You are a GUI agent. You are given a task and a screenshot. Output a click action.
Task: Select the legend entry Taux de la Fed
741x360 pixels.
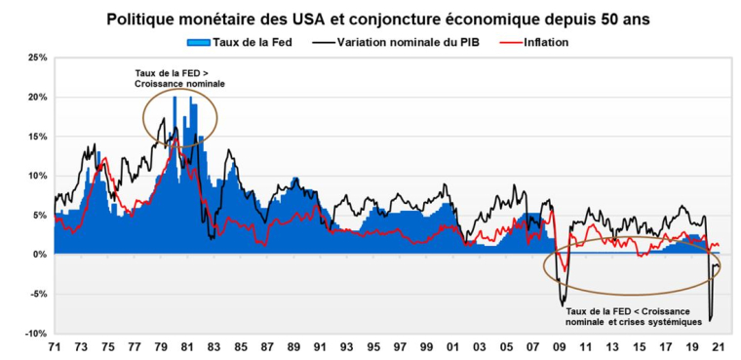pyautogui.click(x=253, y=43)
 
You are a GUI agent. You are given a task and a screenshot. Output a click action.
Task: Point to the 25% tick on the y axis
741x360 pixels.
pyautogui.click(x=36, y=58)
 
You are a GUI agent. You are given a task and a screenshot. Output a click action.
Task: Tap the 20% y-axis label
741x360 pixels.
pyautogui.click(x=36, y=98)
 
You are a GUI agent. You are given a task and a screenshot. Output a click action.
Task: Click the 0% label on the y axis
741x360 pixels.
pyautogui.click(x=39, y=255)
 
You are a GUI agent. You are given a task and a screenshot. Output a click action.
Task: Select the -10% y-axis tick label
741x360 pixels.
pyautogui.click(x=34, y=334)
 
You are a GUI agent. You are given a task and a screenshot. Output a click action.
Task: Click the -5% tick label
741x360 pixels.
pyautogui.click(x=36, y=294)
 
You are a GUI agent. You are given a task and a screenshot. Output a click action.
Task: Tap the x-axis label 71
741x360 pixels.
pyautogui.click(x=56, y=347)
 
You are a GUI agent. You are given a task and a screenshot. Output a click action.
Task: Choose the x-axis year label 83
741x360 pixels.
pyautogui.click(x=214, y=347)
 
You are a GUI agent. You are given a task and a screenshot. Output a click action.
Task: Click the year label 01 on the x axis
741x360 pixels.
pyautogui.click(x=451, y=347)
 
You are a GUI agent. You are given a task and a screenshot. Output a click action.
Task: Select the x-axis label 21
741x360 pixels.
pyautogui.click(x=717, y=347)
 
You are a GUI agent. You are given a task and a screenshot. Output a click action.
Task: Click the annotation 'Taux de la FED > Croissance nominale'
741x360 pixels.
pyautogui.click(x=179, y=79)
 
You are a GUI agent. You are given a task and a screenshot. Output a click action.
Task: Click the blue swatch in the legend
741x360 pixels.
pyautogui.click(x=196, y=43)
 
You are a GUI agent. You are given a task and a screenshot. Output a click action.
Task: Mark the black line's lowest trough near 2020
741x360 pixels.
pyautogui.click(x=710, y=319)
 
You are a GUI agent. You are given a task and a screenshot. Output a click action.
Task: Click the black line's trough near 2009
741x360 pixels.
pyautogui.click(x=562, y=303)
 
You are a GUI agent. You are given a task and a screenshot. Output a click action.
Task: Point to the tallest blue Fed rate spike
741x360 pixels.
pyautogui.click(x=175, y=98)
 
